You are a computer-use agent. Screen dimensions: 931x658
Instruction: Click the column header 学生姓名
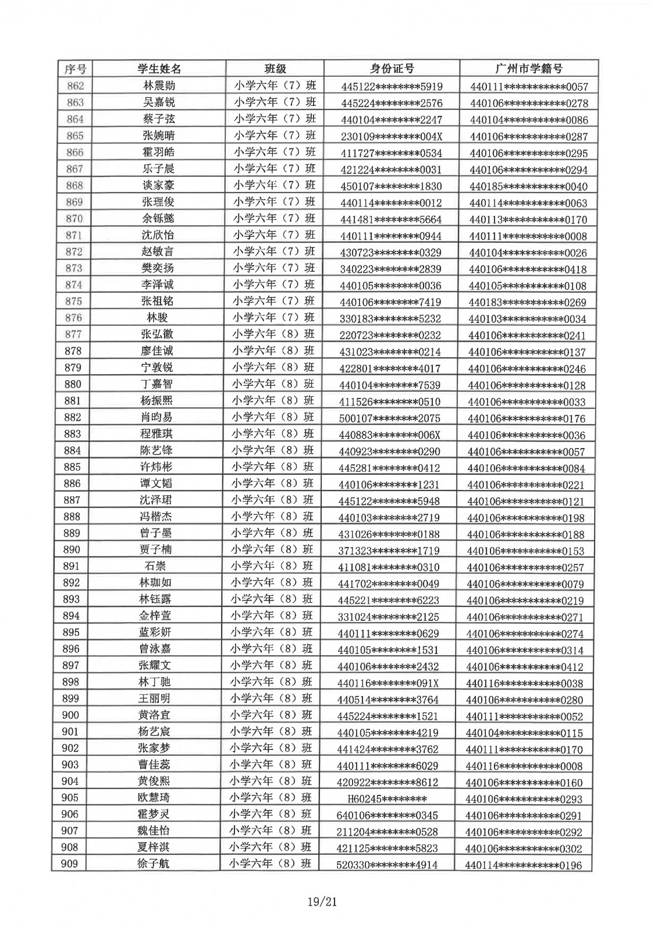coord(159,69)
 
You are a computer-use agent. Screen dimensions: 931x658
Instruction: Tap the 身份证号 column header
coord(392,69)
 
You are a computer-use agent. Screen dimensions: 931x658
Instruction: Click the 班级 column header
coord(275,69)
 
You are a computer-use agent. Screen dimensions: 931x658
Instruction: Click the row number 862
coord(76,86)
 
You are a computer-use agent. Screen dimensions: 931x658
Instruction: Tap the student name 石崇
coord(155,566)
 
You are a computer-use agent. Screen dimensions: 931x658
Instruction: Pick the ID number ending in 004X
coord(392,137)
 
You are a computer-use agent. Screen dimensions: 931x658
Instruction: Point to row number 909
coord(69,864)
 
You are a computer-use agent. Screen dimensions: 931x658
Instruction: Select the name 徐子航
coord(154,864)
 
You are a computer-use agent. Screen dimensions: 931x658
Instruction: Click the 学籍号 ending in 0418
coord(528,269)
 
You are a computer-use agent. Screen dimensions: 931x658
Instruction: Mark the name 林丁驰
coord(155,682)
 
